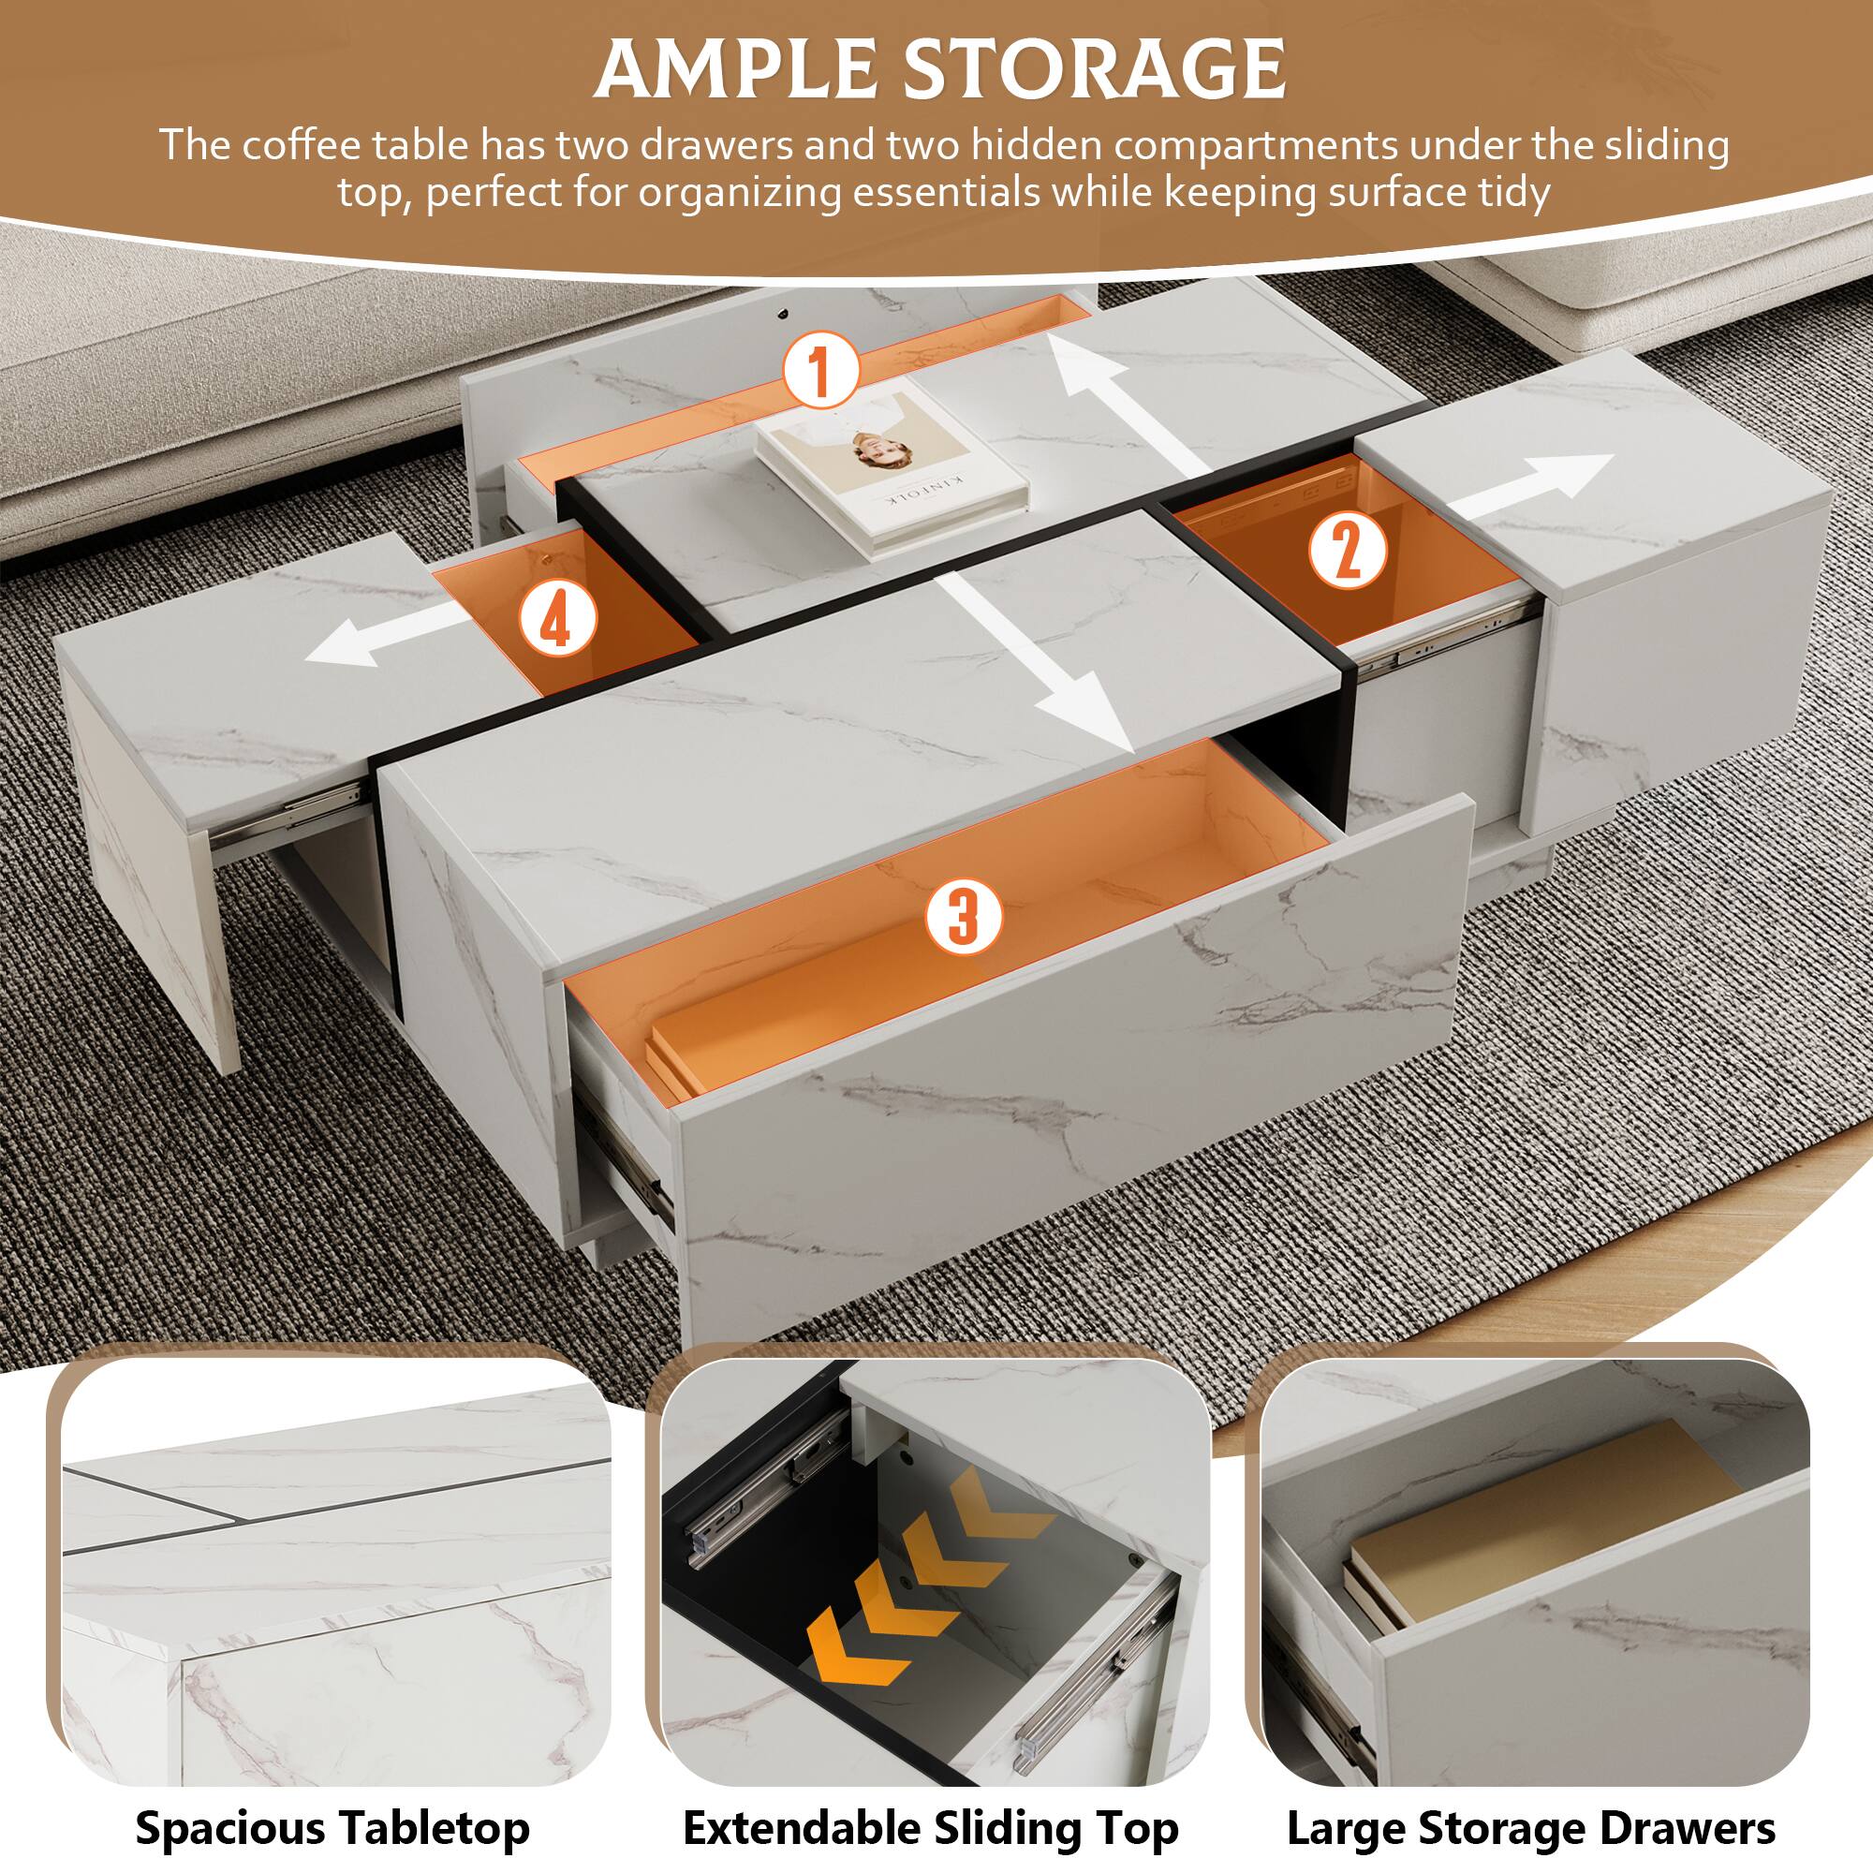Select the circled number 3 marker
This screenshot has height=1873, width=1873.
coord(961,916)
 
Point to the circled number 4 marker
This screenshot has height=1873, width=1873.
coord(554,622)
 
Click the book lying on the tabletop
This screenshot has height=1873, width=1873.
coord(892,466)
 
